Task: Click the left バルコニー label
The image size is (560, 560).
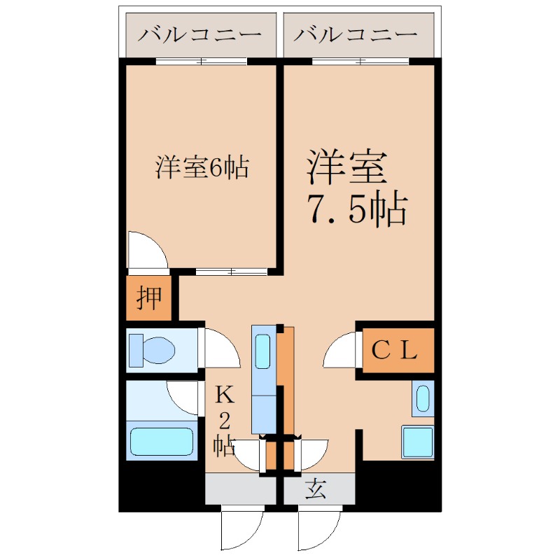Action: coord(199,34)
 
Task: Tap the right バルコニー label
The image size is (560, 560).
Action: coord(356,34)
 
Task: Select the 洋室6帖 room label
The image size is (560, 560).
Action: coord(203,168)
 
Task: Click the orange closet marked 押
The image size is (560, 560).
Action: coord(148,298)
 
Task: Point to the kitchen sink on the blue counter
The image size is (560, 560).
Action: coord(263,351)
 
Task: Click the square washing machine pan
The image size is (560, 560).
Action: coord(417,441)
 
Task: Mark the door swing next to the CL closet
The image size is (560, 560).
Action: coord(341,350)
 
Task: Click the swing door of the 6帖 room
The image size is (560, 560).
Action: coord(147,251)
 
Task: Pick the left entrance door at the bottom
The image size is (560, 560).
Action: coord(242,531)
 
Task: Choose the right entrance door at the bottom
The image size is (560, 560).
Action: coord(319,531)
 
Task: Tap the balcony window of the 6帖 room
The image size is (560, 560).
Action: coord(201,62)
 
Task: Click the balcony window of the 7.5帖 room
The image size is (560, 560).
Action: coord(360,62)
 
